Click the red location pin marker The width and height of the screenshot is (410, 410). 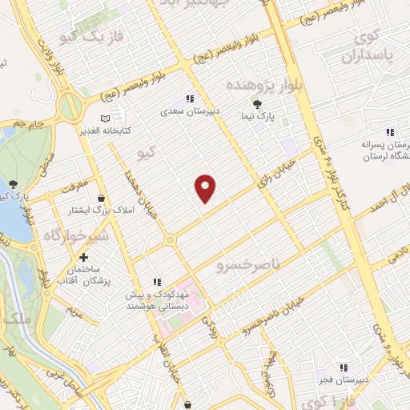point(206,188)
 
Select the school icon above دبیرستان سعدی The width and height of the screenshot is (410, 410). point(190,99)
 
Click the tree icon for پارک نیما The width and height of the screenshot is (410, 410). point(257,103)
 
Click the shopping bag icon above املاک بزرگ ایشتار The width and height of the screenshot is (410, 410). point(102,198)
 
